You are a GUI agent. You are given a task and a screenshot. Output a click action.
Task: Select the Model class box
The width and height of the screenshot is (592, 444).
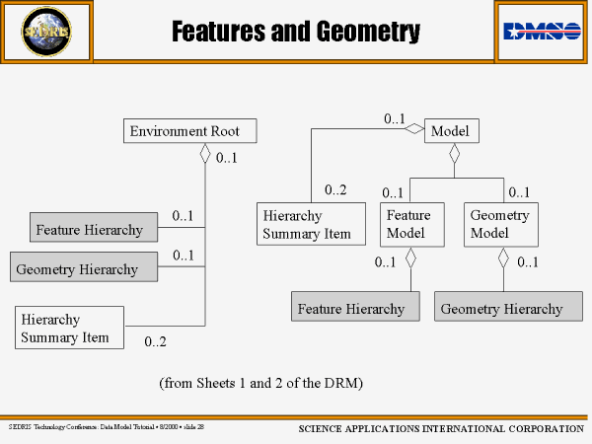[x=453, y=130]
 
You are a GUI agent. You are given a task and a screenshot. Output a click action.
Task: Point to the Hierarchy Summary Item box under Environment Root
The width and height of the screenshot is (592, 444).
[x=70, y=328]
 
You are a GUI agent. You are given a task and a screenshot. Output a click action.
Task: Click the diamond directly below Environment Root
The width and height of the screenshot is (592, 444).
[x=205, y=153]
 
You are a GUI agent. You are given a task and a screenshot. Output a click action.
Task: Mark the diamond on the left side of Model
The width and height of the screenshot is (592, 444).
[x=416, y=128]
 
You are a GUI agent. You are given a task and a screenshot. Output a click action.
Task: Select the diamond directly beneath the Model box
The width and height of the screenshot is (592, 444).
[x=454, y=153]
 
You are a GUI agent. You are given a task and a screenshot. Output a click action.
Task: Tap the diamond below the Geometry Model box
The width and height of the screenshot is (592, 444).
[x=503, y=259]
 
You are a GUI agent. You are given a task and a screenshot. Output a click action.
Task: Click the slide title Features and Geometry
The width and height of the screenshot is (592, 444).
[x=296, y=33]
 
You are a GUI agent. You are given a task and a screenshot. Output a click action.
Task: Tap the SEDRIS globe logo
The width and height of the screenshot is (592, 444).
[x=47, y=32]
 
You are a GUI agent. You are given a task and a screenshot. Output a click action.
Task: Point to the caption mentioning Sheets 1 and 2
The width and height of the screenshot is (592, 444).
[x=261, y=382]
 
